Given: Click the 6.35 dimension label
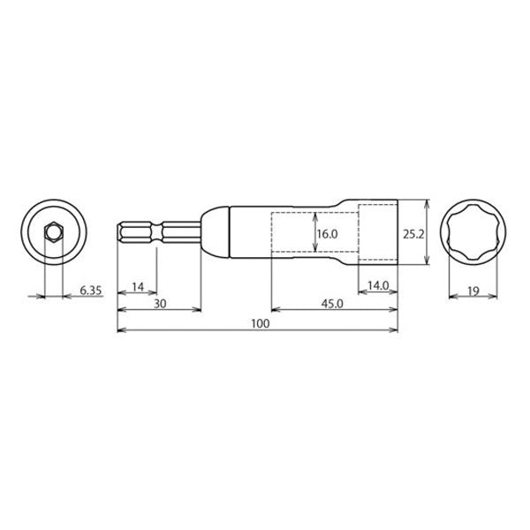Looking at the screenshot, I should click(x=92, y=289).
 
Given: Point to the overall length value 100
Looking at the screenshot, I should click(x=259, y=324).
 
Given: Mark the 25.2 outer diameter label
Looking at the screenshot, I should click(x=415, y=234).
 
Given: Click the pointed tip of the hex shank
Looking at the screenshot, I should click(x=119, y=233).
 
